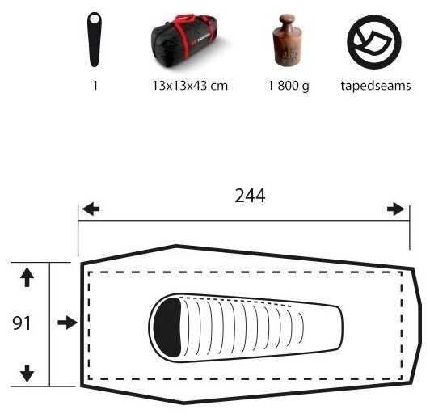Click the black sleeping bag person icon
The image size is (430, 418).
point(95,40)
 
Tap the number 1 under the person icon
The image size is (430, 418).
point(95,86)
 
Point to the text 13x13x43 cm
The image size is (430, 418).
point(190,86)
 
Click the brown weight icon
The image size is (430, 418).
point(287,40)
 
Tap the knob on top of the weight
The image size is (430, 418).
point(287,20)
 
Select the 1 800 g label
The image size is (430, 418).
point(289,87)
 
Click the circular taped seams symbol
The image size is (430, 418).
point(374,42)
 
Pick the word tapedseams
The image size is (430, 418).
point(376,86)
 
